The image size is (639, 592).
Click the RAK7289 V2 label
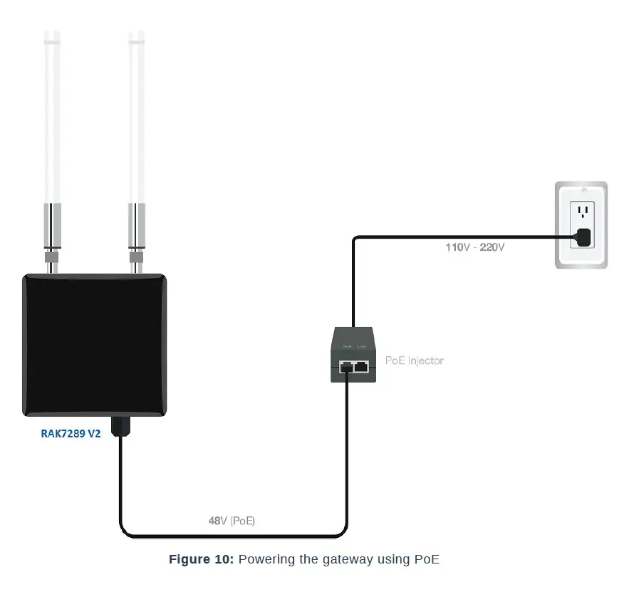(x=71, y=432)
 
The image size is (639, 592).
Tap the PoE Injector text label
(x=414, y=360)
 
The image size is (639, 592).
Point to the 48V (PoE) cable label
(x=232, y=521)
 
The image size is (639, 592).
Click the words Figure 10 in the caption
(x=200, y=559)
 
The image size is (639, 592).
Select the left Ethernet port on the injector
(x=347, y=366)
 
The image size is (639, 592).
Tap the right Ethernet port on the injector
(x=362, y=366)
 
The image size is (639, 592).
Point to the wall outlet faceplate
(x=581, y=224)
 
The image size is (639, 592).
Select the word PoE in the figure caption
(x=426, y=559)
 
